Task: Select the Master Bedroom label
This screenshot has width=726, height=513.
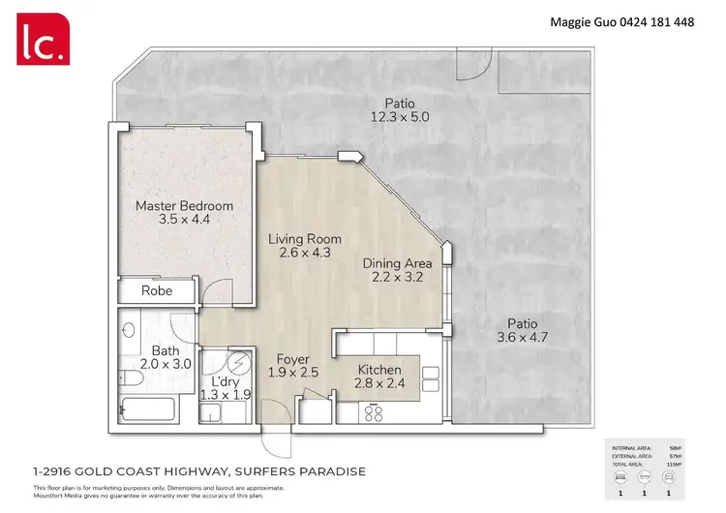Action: pos(184,205)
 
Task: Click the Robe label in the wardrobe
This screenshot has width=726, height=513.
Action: pos(157,290)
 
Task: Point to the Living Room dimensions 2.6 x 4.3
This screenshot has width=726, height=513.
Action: pos(304,254)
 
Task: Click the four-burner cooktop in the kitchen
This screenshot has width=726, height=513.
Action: pos(374,412)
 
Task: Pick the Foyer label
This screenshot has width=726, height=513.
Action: pos(292,359)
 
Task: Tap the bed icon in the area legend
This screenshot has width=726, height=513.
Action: pos(620,477)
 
